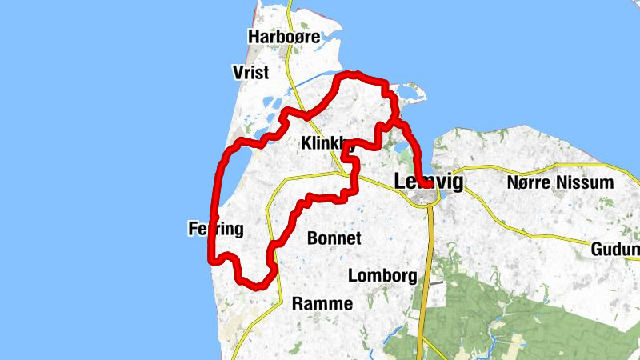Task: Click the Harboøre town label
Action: (284, 37)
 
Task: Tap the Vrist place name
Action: (250, 73)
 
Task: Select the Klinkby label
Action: (327, 144)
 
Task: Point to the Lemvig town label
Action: (429, 182)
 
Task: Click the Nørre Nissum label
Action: (560, 182)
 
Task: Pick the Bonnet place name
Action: (334, 238)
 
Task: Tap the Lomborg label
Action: (382, 276)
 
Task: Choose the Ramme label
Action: (322, 303)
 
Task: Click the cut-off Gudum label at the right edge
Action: (616, 250)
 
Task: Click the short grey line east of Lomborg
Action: (434, 282)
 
